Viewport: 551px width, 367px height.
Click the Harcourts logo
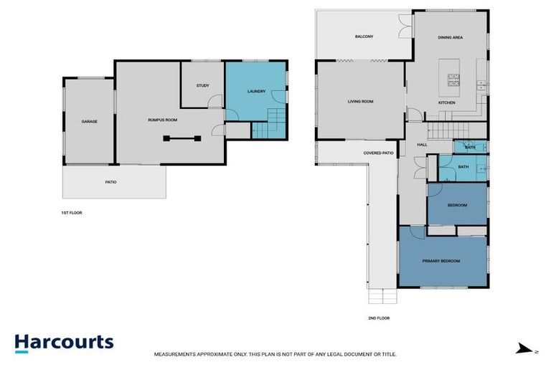point(64,342)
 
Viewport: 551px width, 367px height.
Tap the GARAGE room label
point(89,121)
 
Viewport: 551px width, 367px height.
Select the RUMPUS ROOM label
point(162,120)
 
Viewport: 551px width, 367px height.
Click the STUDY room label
point(202,86)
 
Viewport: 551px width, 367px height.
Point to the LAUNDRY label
point(256,92)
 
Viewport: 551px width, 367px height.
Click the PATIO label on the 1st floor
point(110,182)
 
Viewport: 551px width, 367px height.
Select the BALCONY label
point(364,36)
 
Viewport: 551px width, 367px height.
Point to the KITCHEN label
point(447,103)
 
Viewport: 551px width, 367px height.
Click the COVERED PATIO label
point(378,153)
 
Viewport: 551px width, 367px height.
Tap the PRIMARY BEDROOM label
point(441,261)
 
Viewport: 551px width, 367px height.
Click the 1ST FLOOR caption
point(72,213)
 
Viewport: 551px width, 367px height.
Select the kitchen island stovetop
point(453,80)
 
